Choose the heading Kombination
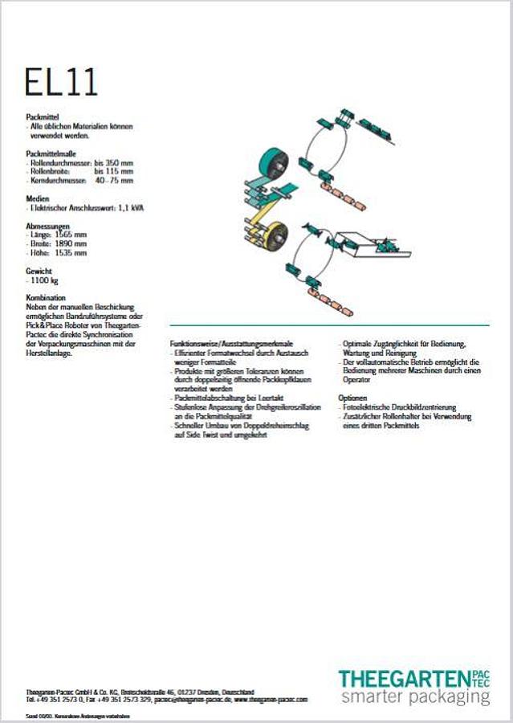tap(46, 298)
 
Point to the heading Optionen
tap(353, 398)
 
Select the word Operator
tap(357, 380)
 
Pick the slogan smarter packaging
tap(413, 697)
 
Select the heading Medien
tap(38, 198)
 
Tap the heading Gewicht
tap(40, 272)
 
